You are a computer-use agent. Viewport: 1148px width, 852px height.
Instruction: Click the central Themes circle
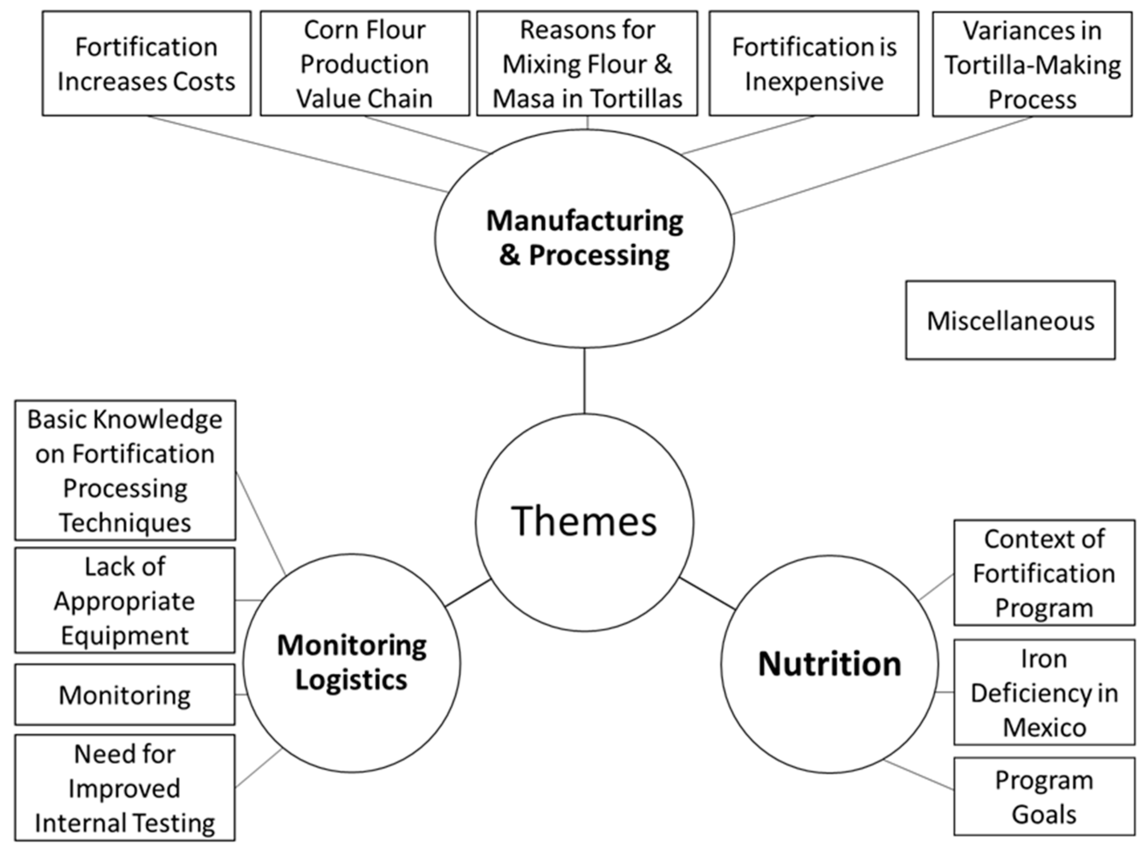(x=584, y=522)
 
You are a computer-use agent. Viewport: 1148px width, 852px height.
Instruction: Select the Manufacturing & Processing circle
(x=584, y=238)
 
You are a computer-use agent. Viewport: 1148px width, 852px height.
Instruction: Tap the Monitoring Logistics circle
(x=352, y=663)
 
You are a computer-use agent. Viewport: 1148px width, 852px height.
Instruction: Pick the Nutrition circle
(x=829, y=664)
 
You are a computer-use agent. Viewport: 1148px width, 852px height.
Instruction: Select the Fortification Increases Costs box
(x=146, y=63)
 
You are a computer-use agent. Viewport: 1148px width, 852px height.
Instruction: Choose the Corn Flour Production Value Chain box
(x=365, y=63)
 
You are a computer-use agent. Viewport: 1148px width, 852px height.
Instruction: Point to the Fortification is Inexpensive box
(x=814, y=63)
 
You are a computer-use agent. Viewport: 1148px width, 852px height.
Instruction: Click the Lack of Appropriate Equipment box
(x=125, y=600)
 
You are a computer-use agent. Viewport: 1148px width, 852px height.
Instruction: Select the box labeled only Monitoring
(x=125, y=694)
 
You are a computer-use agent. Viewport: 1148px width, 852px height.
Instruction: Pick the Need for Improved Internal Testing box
(x=125, y=788)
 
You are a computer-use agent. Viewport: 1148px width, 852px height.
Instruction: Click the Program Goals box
(x=1044, y=797)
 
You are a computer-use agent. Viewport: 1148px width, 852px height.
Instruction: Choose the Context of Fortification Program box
(x=1044, y=573)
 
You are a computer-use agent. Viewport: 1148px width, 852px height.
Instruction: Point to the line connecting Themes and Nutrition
(x=707, y=594)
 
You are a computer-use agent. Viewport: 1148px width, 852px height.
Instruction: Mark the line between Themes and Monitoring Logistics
(x=468, y=593)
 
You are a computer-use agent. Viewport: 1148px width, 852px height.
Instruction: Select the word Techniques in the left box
(x=125, y=522)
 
